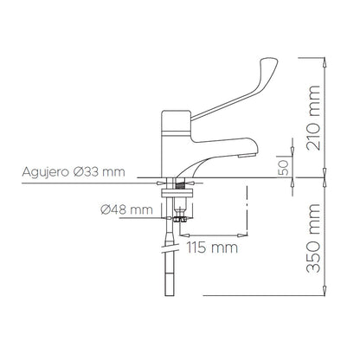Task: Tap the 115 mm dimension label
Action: click(x=213, y=249)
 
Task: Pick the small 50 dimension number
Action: click(x=282, y=167)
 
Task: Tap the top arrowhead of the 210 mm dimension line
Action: click(x=324, y=61)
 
